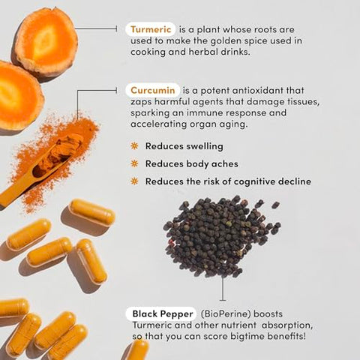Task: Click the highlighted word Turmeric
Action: click(151, 29)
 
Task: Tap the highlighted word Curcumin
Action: click(153, 90)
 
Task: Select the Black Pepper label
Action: click(163, 313)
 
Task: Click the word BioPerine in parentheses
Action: click(226, 314)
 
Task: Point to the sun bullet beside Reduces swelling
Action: click(134, 145)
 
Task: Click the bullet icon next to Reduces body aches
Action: click(134, 163)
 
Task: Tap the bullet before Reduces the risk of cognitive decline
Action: click(134, 181)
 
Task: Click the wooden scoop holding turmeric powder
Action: click(40, 170)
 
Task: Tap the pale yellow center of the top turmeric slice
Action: click(45, 43)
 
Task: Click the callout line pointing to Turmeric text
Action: click(96, 28)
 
